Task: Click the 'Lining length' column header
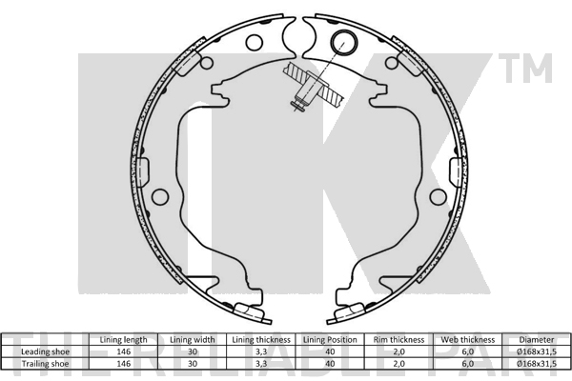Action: point(123,340)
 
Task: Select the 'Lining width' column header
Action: point(193,340)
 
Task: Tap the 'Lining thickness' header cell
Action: point(261,340)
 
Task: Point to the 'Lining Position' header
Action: point(330,340)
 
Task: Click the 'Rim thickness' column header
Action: point(398,340)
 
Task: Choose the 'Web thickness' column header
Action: point(468,340)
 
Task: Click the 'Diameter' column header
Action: point(537,340)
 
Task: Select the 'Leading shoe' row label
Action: point(45,351)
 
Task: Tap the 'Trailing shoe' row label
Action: point(45,364)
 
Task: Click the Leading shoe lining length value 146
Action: point(123,351)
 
